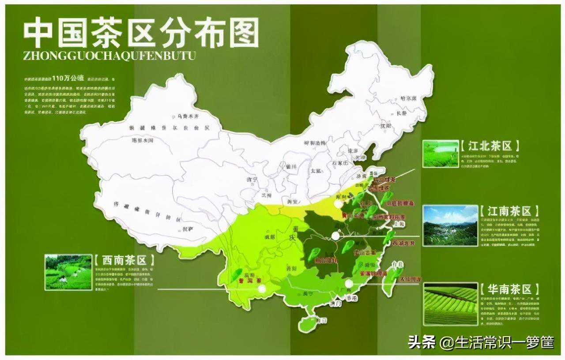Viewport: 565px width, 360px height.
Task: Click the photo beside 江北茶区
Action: tap(441, 154)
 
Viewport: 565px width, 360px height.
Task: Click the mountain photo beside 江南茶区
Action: tap(450, 225)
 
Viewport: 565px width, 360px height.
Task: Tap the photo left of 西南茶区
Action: tap(68, 272)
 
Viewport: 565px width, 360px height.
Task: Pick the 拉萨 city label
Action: tap(188, 229)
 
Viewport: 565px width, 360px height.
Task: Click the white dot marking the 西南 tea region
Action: tap(262, 289)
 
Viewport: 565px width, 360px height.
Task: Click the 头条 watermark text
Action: tap(422, 342)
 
